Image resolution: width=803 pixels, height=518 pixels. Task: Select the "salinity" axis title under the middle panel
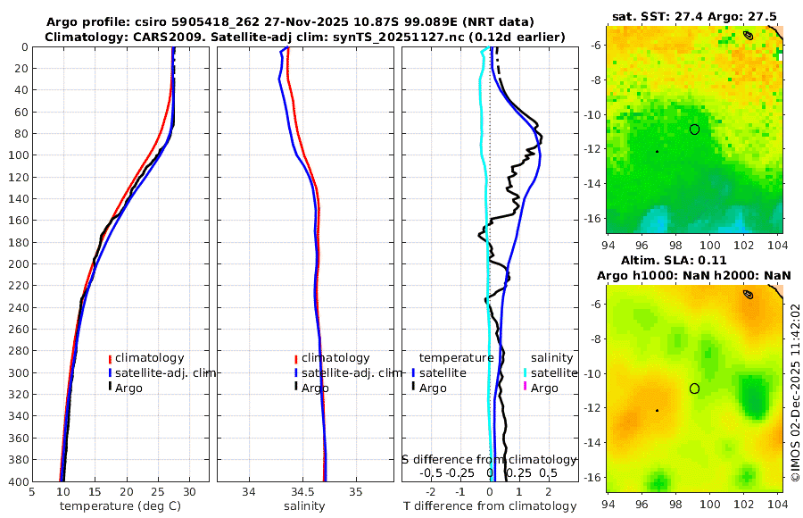[303, 506]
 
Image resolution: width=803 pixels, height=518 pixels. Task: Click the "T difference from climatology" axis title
[490, 506]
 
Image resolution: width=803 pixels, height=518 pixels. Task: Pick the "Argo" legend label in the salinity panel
[315, 388]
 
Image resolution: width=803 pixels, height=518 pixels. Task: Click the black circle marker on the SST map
[694, 129]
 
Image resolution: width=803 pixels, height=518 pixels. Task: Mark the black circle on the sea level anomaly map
[694, 388]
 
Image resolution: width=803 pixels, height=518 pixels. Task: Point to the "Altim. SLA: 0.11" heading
[693, 260]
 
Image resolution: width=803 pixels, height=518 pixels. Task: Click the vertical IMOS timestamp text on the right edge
[796, 393]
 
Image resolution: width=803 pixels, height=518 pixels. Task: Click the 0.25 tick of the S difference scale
[519, 473]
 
